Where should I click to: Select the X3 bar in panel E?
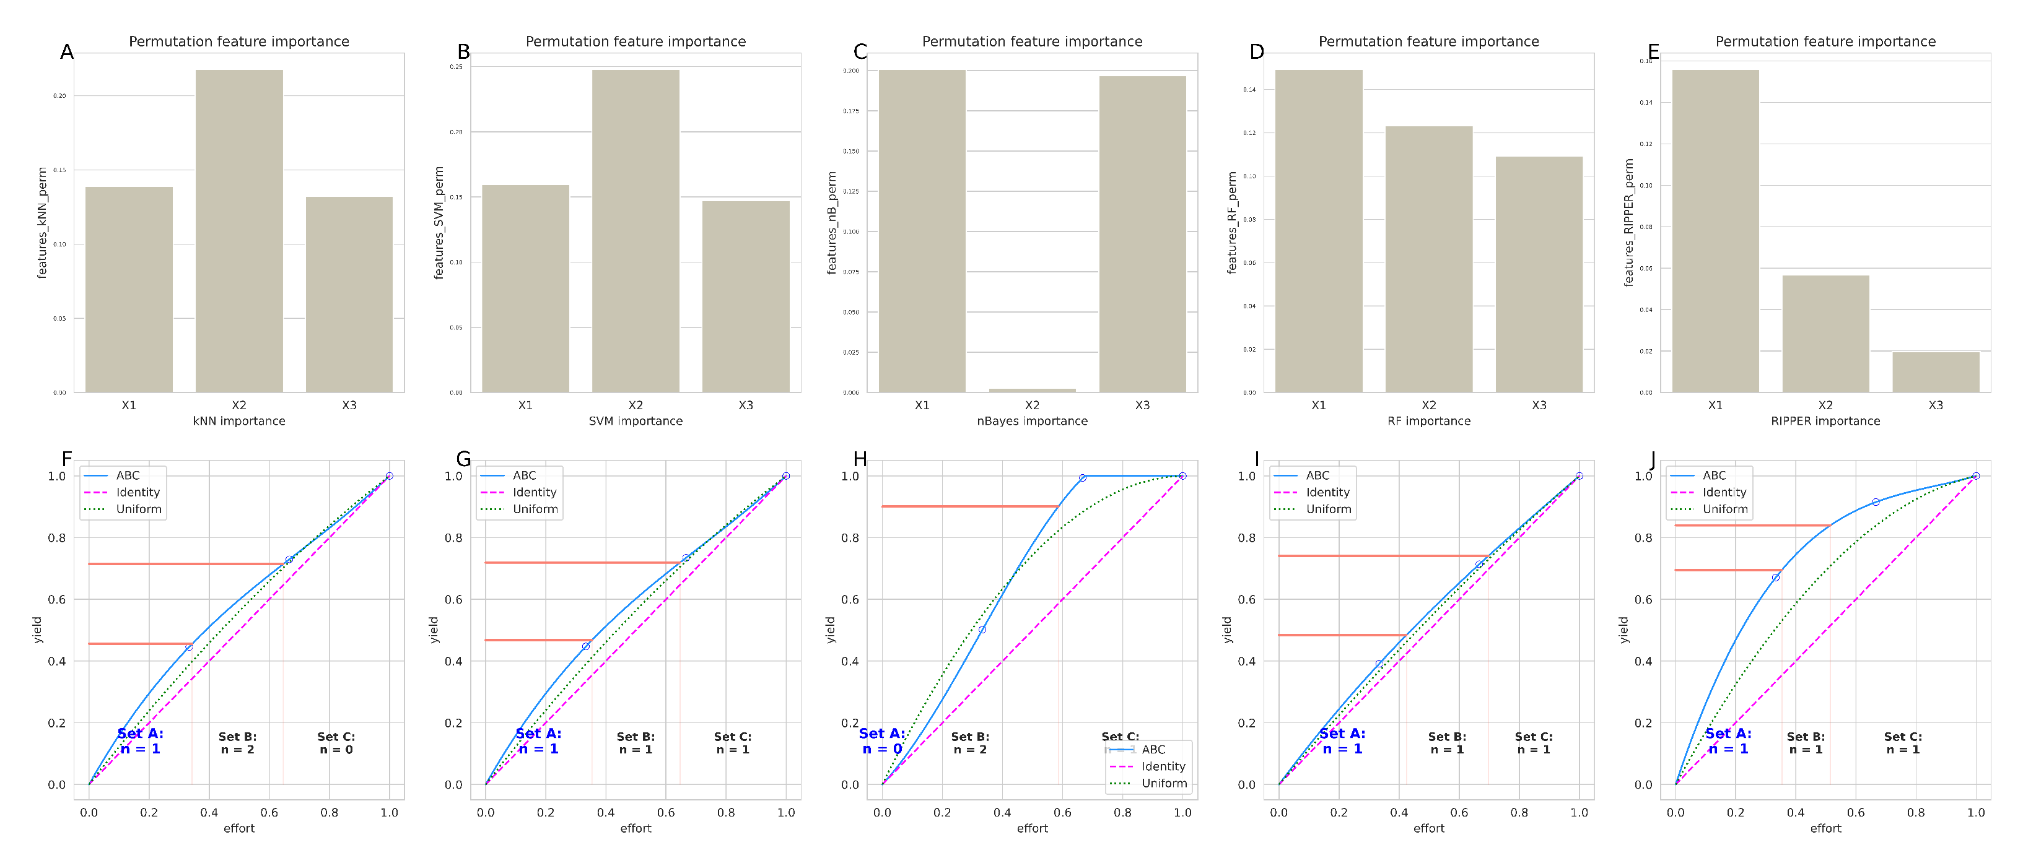1935,372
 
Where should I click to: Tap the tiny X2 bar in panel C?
1032,390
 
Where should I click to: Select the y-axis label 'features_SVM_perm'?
439,223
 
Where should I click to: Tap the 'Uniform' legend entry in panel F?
138,509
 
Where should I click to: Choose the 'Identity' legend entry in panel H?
1162,766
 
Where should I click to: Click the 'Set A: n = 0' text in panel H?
881,741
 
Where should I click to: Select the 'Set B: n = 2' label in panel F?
237,743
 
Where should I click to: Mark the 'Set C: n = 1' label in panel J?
1902,743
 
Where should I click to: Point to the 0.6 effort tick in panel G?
665,812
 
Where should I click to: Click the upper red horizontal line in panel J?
1751,525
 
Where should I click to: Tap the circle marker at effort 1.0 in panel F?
389,475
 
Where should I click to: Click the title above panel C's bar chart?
1032,41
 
